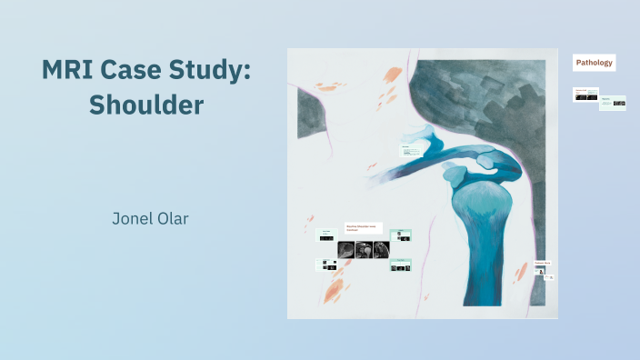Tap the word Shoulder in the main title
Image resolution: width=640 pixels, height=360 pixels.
click(x=146, y=105)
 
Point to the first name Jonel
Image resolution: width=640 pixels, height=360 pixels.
click(x=135, y=219)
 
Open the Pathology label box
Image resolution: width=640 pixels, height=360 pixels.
click(x=595, y=63)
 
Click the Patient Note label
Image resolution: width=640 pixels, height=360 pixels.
click(x=542, y=264)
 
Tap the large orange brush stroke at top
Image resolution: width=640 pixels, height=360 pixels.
click(x=393, y=75)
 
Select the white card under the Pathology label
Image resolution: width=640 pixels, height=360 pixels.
click(x=585, y=94)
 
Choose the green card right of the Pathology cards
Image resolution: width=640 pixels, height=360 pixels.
click(x=613, y=102)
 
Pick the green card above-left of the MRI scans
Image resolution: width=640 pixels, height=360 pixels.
click(x=325, y=235)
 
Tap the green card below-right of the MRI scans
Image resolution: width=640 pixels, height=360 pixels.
click(x=400, y=265)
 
